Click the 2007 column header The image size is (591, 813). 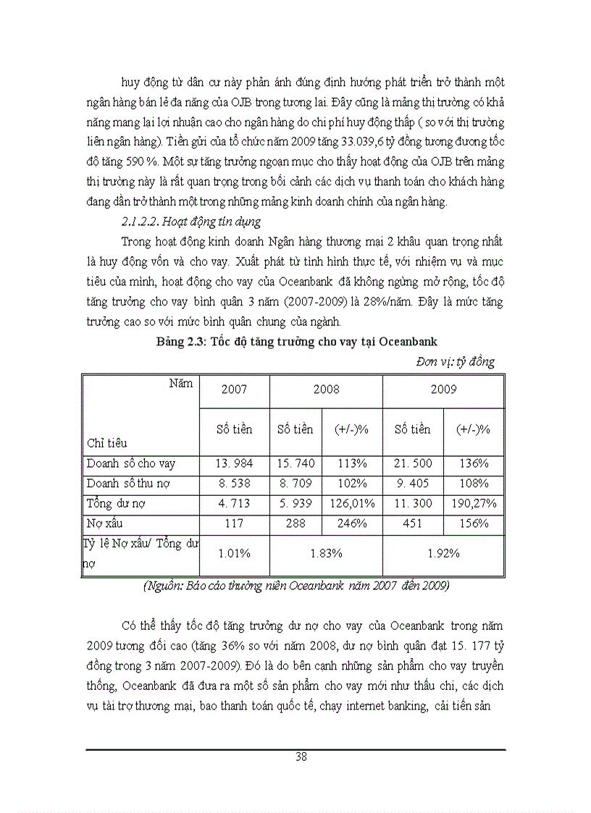(x=234, y=389)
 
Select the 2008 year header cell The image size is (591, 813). (x=326, y=389)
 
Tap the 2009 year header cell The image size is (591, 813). (x=443, y=389)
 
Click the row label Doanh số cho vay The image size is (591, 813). (x=130, y=463)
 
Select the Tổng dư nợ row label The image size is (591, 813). (x=120, y=504)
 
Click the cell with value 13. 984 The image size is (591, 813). (x=234, y=463)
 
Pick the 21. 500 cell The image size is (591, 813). (x=412, y=463)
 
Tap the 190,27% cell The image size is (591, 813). (x=473, y=504)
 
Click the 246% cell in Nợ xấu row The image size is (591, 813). (x=351, y=523)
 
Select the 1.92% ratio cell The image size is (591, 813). (x=443, y=554)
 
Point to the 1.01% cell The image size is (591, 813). (x=234, y=554)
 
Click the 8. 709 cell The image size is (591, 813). (x=295, y=484)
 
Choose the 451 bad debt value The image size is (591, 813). (x=412, y=523)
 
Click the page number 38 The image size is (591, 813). (x=301, y=757)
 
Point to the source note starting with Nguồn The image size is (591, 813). (x=295, y=586)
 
